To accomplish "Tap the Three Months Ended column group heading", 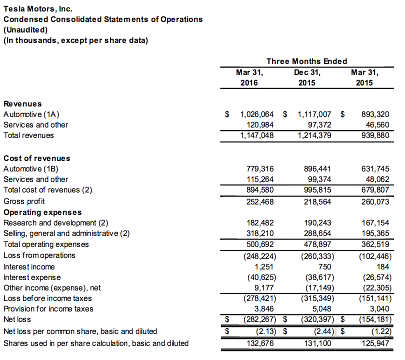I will pos(306,61).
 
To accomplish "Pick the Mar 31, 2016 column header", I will pos(249,77).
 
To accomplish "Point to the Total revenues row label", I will pos(28,135).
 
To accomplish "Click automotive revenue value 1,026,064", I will pos(257,114).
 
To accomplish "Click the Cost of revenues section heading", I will pos(36,158).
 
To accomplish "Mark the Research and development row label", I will pos(55,222).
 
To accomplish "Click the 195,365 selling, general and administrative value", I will pos(374,233).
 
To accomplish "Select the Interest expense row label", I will pos(32,277).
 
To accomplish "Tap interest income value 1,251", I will pos(264,266).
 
